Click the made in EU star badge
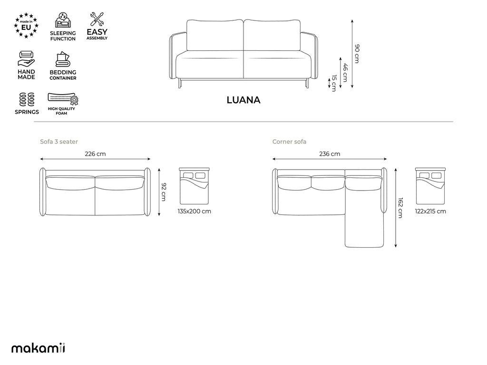26,26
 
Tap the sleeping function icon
63,20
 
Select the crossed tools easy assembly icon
97,19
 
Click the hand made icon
26,59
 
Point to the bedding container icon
63,59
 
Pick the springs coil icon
27,99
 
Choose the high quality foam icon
63,99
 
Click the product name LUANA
243,100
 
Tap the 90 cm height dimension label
357,54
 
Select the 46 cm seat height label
345,73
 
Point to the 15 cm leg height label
334,83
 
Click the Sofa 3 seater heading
59,142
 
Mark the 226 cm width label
95,154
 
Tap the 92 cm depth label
164,192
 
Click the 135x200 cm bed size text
195,211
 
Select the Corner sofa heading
290,142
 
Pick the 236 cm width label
330,154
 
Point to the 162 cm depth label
400,208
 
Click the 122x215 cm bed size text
430,211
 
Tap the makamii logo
38,348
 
